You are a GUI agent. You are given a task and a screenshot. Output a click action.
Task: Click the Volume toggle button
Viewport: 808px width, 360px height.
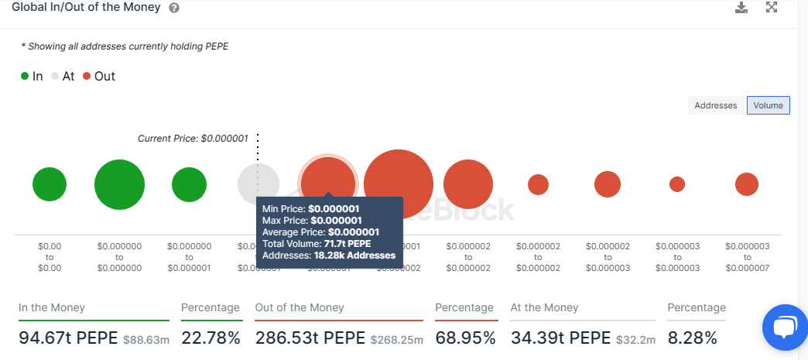pyautogui.click(x=768, y=105)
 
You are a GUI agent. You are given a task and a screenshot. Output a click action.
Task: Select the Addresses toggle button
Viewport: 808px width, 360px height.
pyautogui.click(x=715, y=105)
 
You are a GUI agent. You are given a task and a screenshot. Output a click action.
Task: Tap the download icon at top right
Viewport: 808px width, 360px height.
pyautogui.click(x=741, y=8)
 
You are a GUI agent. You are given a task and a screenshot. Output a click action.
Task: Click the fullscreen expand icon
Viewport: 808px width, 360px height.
pyautogui.click(x=772, y=8)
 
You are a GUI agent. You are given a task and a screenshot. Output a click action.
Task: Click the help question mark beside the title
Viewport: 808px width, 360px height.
pyautogui.click(x=174, y=8)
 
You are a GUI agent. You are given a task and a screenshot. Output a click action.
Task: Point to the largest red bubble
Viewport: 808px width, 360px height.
pyautogui.click(x=398, y=184)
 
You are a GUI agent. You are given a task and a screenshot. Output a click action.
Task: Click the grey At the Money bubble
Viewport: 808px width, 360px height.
pyautogui.click(x=258, y=184)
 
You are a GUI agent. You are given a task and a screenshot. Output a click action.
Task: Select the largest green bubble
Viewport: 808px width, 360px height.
pyautogui.click(x=119, y=184)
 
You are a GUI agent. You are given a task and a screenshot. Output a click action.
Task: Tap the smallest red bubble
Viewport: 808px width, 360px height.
pyautogui.click(x=677, y=184)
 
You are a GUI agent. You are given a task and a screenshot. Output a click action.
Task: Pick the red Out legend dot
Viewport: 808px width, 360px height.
pyautogui.click(x=87, y=77)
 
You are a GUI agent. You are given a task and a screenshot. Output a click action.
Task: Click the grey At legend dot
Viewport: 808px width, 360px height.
pyautogui.click(x=55, y=77)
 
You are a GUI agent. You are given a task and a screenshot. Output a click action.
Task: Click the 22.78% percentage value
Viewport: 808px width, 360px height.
pyautogui.click(x=211, y=338)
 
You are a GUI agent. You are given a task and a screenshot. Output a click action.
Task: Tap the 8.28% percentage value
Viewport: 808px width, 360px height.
pyautogui.click(x=693, y=338)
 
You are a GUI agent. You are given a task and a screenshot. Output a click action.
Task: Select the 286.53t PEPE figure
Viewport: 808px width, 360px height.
pyautogui.click(x=310, y=338)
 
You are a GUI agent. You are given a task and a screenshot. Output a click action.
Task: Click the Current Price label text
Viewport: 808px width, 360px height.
pyautogui.click(x=193, y=139)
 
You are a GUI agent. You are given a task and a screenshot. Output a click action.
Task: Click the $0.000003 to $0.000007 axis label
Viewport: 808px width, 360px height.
pyautogui.click(x=747, y=257)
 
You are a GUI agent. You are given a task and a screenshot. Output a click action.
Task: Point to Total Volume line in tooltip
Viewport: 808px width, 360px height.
pyautogui.click(x=317, y=244)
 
